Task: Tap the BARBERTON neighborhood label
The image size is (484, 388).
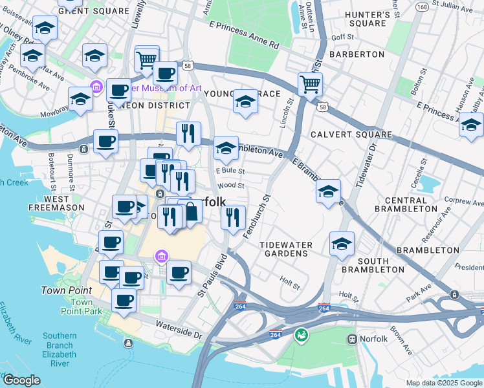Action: tap(357, 54)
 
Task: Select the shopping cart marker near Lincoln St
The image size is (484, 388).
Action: tap(311, 84)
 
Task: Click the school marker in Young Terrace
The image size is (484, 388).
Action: tap(245, 102)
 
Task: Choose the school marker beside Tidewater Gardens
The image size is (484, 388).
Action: tap(342, 244)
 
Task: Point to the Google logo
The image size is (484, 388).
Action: tap(22, 380)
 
